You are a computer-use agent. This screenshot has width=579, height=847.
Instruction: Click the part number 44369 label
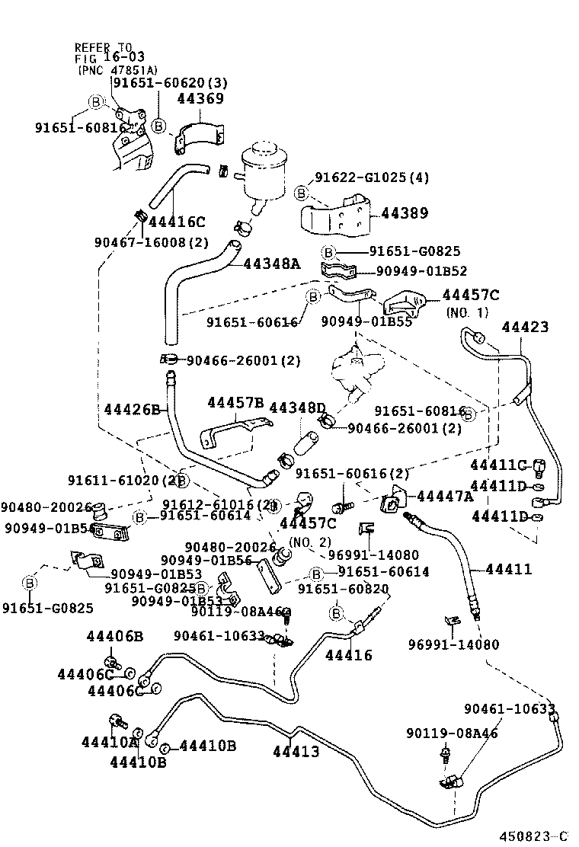pos(200,98)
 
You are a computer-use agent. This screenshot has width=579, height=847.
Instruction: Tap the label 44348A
pos(272,264)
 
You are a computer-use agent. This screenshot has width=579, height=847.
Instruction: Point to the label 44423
pos(525,327)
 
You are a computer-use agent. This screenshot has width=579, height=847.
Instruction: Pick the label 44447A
pos(444,497)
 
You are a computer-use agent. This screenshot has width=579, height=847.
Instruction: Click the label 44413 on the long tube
pos(296,752)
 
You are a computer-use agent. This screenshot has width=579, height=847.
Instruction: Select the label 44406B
pos(114,636)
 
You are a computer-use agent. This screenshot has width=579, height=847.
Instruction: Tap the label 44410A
pos(110,741)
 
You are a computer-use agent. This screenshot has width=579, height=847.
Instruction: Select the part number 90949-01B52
pos(421,270)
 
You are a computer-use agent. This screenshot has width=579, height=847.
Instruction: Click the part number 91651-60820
pos(343,589)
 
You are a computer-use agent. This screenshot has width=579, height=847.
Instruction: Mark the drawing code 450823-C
pos(534,836)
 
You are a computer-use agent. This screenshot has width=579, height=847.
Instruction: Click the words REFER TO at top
pos(103,47)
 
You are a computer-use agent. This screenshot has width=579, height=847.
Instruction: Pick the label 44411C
pos(498,465)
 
